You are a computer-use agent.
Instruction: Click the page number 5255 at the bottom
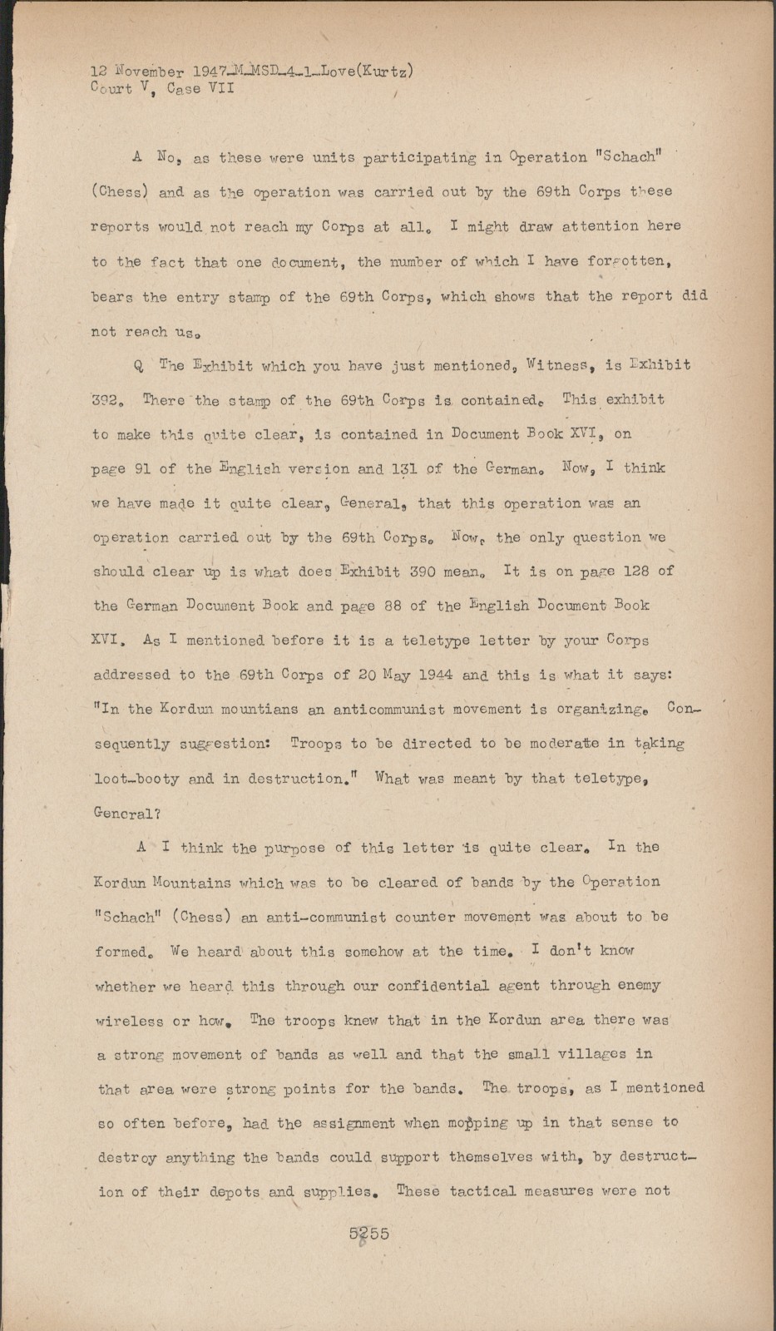pyautogui.click(x=369, y=1233)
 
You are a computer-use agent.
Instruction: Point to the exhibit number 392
pyautogui.click(x=107, y=400)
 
